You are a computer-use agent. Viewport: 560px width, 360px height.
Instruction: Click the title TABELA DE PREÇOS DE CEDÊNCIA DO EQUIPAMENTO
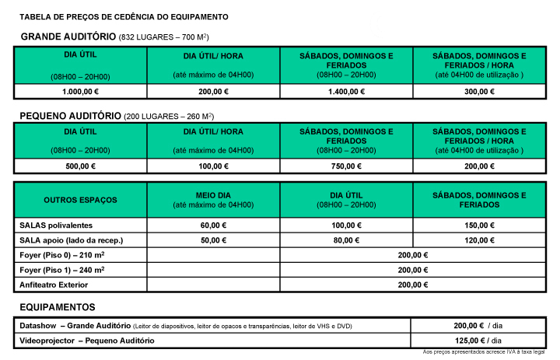124,16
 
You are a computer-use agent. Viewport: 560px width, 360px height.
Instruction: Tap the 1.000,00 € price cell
80,91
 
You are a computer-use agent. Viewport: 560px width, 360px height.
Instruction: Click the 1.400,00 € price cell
346,91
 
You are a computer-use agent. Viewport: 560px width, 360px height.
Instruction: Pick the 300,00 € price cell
479,91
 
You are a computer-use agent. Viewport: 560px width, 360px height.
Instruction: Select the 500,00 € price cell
80,166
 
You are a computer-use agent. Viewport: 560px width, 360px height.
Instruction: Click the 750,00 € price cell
346,166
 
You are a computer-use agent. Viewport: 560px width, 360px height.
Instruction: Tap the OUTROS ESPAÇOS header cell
80,200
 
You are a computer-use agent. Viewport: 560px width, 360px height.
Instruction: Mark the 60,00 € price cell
213,225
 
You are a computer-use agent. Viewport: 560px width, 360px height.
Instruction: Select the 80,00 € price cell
346,240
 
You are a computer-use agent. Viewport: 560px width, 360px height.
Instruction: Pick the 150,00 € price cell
479,225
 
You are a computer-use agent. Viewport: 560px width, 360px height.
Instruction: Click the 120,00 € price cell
479,240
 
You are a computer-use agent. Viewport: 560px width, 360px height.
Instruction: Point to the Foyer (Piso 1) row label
61,270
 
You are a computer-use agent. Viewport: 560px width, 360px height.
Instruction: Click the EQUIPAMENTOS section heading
58,307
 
